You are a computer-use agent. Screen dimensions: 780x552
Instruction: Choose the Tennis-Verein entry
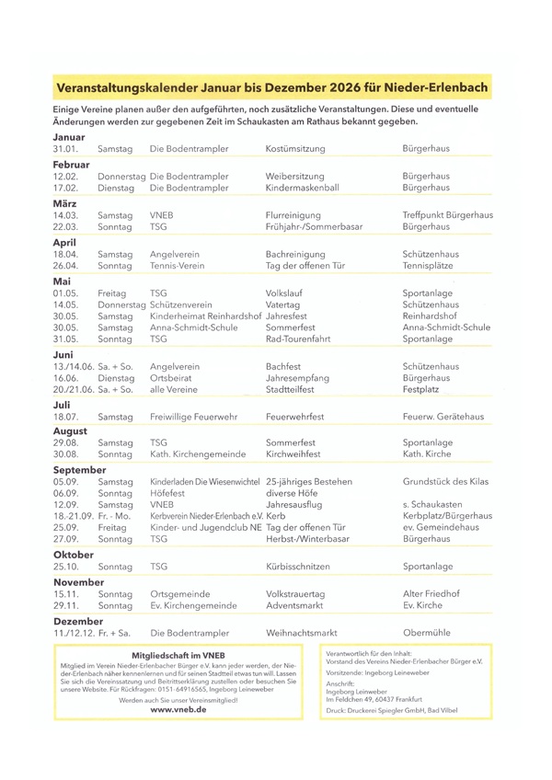click(x=179, y=267)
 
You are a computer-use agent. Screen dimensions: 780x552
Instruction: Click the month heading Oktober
click(x=74, y=556)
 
